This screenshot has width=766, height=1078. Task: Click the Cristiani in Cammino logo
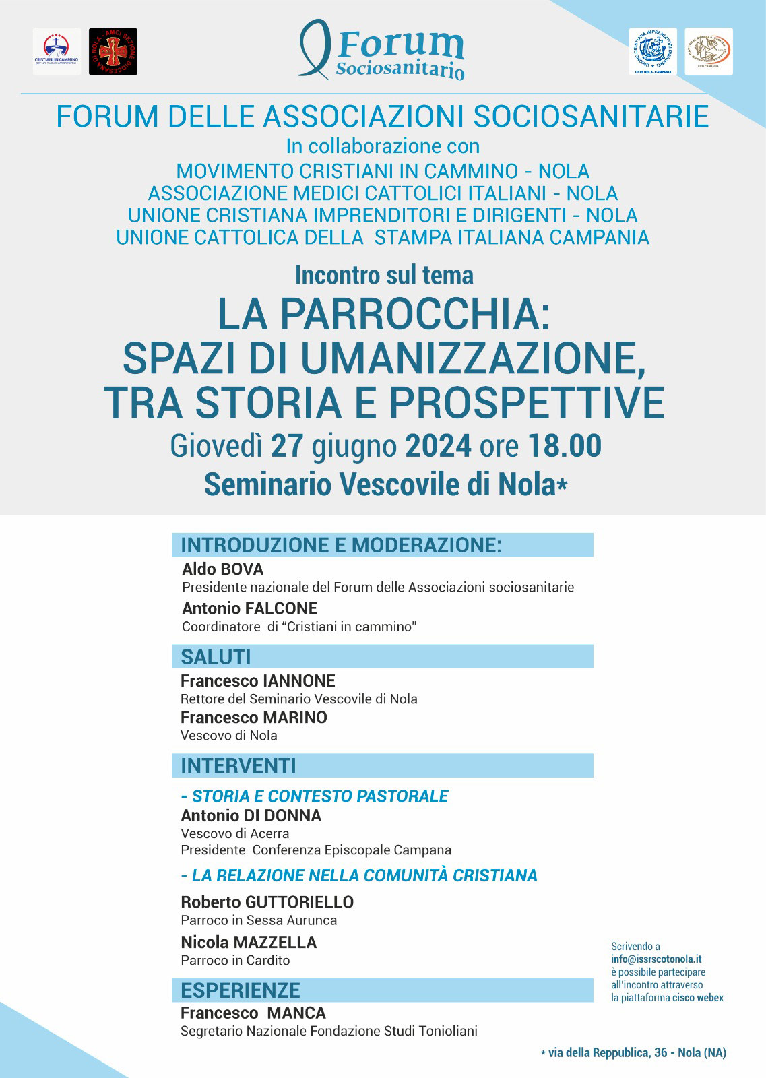pyautogui.click(x=57, y=51)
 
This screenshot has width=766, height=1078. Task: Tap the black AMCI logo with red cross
pyautogui.click(x=113, y=51)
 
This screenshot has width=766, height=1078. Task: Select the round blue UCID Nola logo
pyautogui.click(x=653, y=51)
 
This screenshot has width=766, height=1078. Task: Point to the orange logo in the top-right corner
pyautogui.click(x=708, y=51)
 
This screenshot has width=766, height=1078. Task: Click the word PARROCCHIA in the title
pyautogui.click(x=410, y=314)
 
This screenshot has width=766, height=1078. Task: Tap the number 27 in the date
pyautogui.click(x=287, y=446)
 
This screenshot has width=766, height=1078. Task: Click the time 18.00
pyautogui.click(x=564, y=446)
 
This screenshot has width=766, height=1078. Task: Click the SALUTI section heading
pyautogui.click(x=216, y=656)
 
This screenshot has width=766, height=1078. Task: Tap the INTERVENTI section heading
pyautogui.click(x=238, y=765)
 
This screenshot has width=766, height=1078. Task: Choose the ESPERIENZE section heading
pyautogui.click(x=241, y=990)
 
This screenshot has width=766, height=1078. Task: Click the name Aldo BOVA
pyautogui.click(x=222, y=569)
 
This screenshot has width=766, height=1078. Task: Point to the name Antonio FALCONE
pyautogui.click(x=249, y=608)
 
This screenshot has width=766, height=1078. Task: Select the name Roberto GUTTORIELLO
pyautogui.click(x=267, y=901)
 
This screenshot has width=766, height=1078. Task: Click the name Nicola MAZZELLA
pyautogui.click(x=249, y=942)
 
